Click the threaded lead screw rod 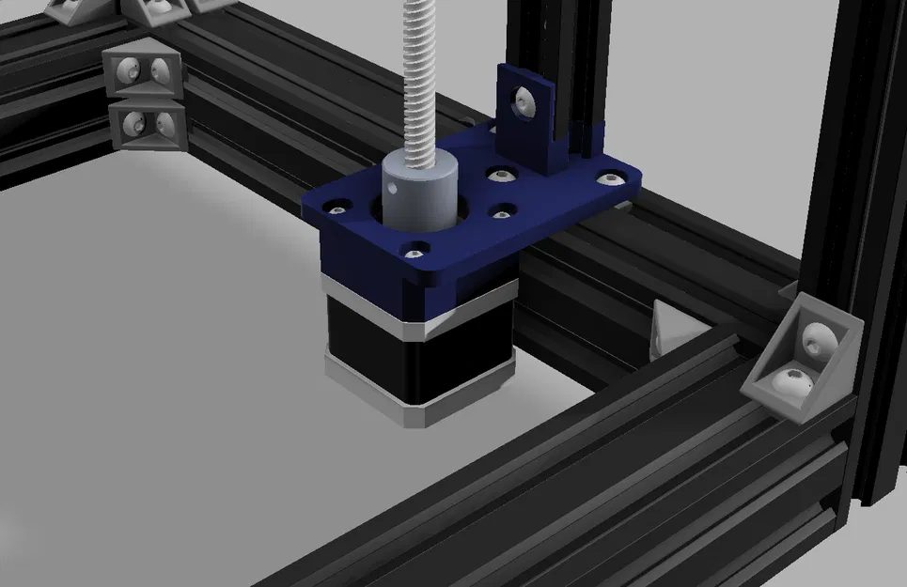(428, 75)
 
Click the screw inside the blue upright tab (523, 98)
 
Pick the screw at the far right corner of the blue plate (612, 177)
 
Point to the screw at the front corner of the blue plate (414, 251)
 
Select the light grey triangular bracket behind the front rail (672, 329)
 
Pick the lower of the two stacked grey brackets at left (146, 124)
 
